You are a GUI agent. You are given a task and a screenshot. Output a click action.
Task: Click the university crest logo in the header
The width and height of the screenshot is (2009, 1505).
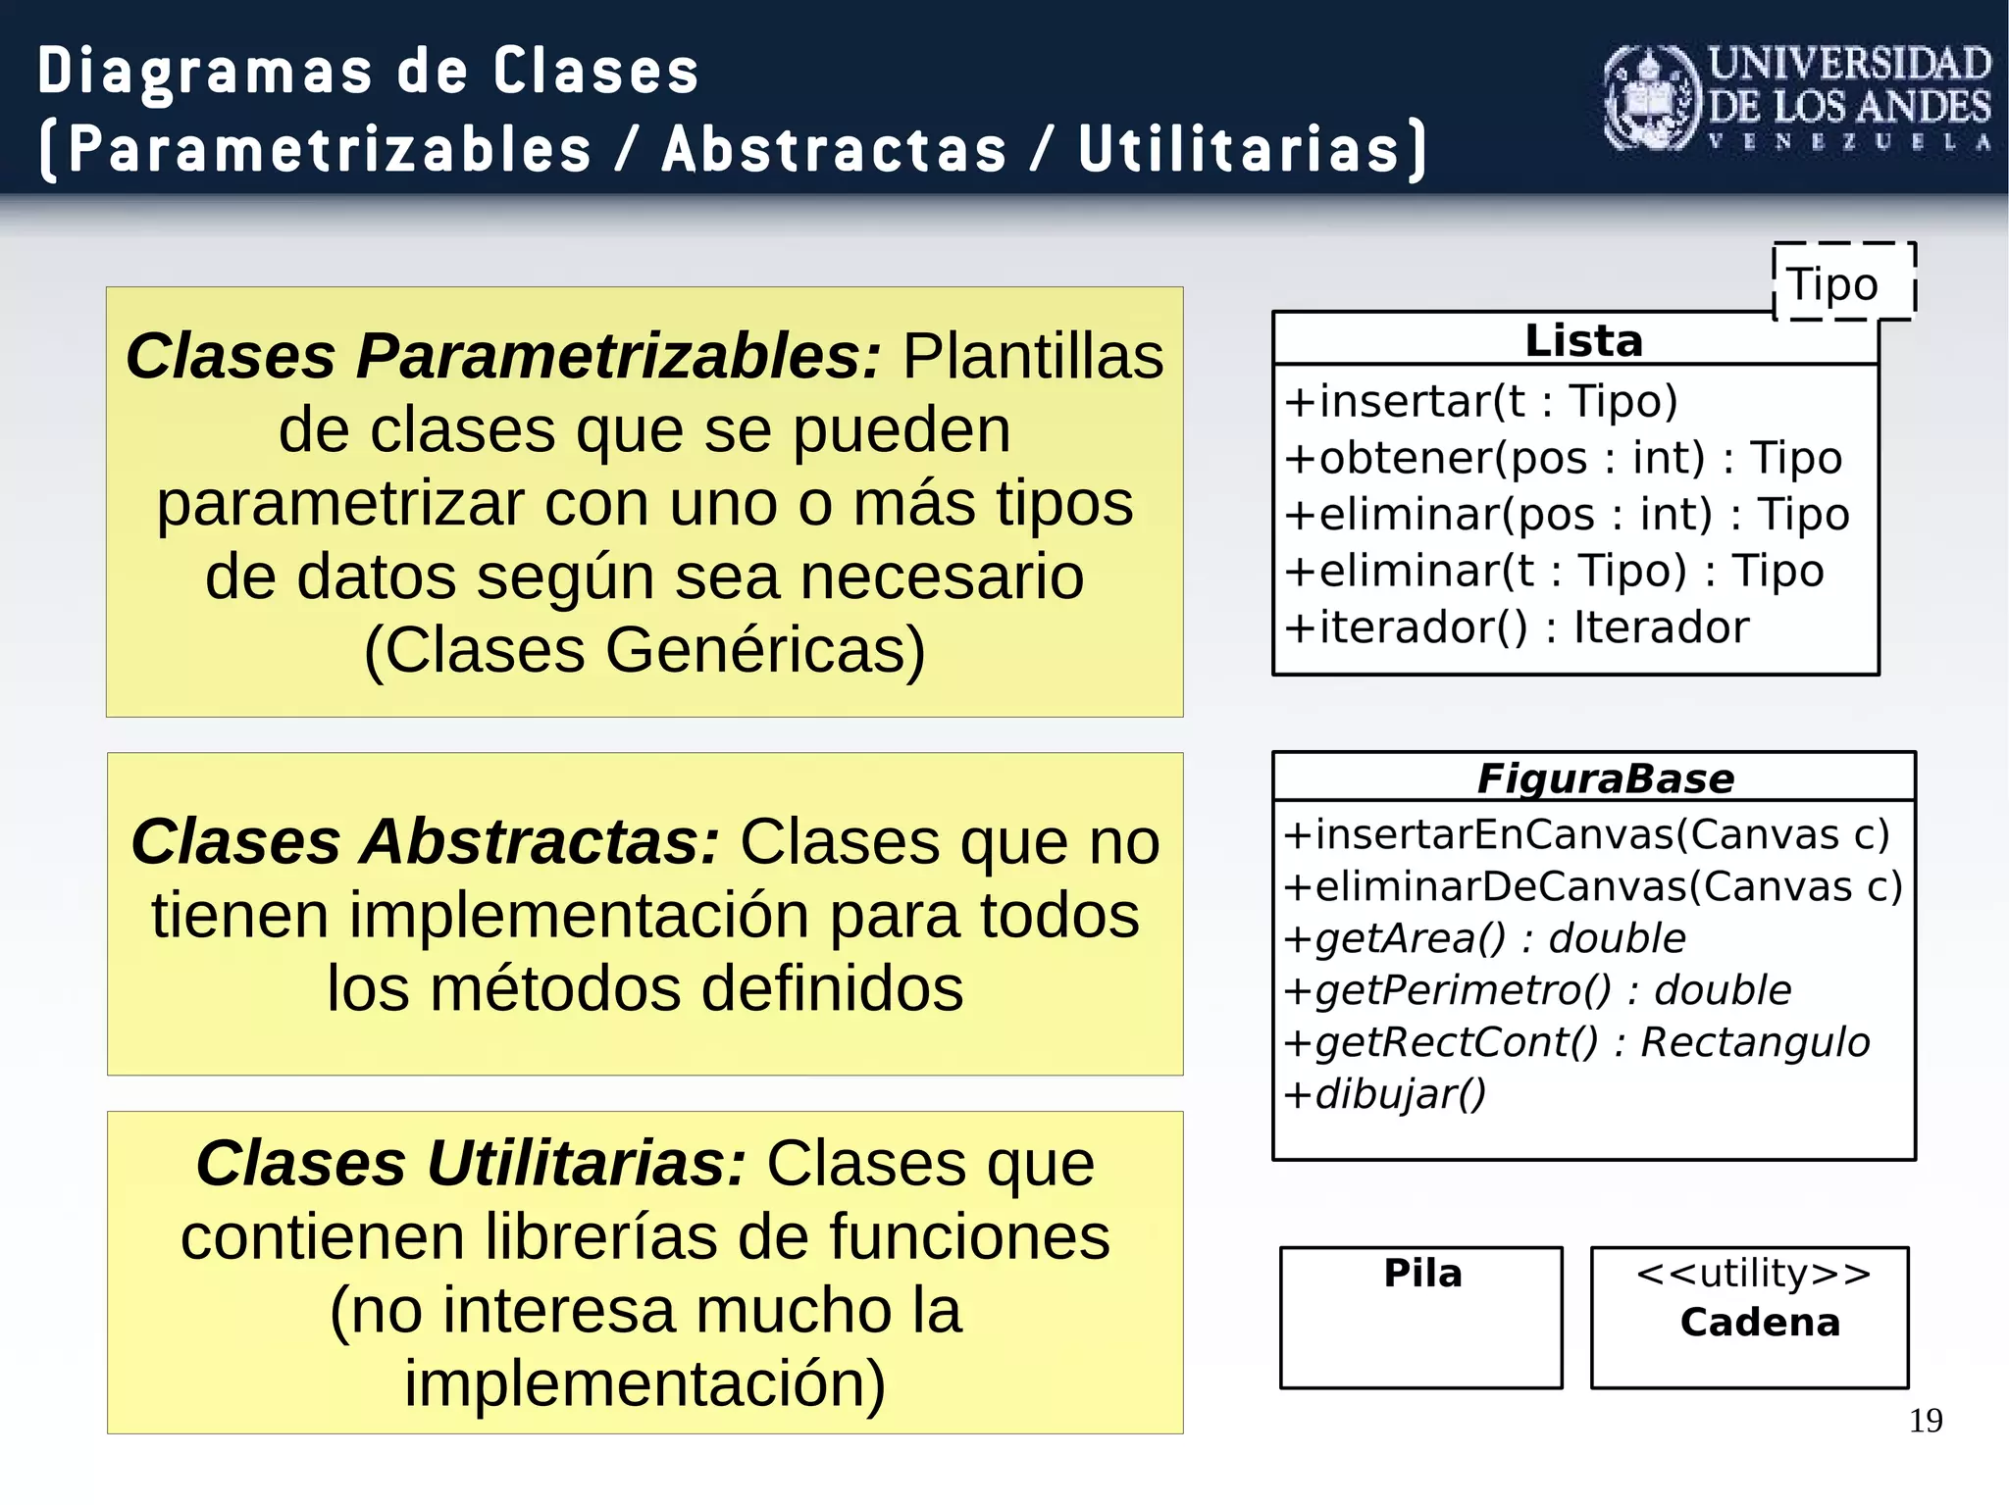click(x=1651, y=98)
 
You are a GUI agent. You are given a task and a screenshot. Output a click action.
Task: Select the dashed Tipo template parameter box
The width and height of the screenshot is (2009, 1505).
click(x=1843, y=282)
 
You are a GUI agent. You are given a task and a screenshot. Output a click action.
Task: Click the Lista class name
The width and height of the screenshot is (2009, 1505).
click(x=1583, y=340)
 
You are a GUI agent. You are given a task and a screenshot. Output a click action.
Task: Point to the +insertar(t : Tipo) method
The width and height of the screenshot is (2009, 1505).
click(x=1481, y=401)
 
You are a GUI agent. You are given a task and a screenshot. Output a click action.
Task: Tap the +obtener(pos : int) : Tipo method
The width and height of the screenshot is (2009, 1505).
click(x=1563, y=458)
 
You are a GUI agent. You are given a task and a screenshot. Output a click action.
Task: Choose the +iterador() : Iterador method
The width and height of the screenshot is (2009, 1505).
click(x=1517, y=627)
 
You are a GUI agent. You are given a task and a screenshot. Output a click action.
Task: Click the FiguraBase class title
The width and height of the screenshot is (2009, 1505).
click(x=1605, y=778)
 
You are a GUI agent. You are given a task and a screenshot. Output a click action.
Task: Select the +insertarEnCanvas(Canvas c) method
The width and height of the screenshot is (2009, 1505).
click(x=1586, y=834)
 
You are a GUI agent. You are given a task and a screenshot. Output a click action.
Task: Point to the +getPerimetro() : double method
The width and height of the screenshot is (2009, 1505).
click(x=1537, y=990)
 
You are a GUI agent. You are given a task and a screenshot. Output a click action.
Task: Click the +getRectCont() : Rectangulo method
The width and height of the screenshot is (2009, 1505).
click(x=1576, y=1042)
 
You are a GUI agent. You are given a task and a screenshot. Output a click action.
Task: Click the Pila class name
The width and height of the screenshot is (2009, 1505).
click(x=1422, y=1273)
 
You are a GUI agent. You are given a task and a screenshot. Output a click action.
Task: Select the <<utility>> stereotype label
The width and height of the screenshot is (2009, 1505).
click(x=1753, y=1273)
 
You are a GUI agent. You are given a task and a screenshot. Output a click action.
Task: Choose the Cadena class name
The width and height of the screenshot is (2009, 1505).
click(x=1760, y=1323)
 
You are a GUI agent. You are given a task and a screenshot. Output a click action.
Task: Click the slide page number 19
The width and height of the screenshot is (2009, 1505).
click(x=1926, y=1421)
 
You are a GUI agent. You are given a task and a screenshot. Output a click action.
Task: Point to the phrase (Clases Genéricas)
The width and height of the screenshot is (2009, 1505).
click(x=644, y=650)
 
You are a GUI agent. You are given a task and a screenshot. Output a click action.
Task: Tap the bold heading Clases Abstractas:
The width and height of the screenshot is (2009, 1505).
click(x=426, y=842)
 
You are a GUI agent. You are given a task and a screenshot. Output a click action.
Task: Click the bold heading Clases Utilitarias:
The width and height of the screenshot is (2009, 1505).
click(x=471, y=1164)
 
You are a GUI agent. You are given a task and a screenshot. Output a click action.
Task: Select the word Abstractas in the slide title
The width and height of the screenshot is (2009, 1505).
click(x=834, y=149)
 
